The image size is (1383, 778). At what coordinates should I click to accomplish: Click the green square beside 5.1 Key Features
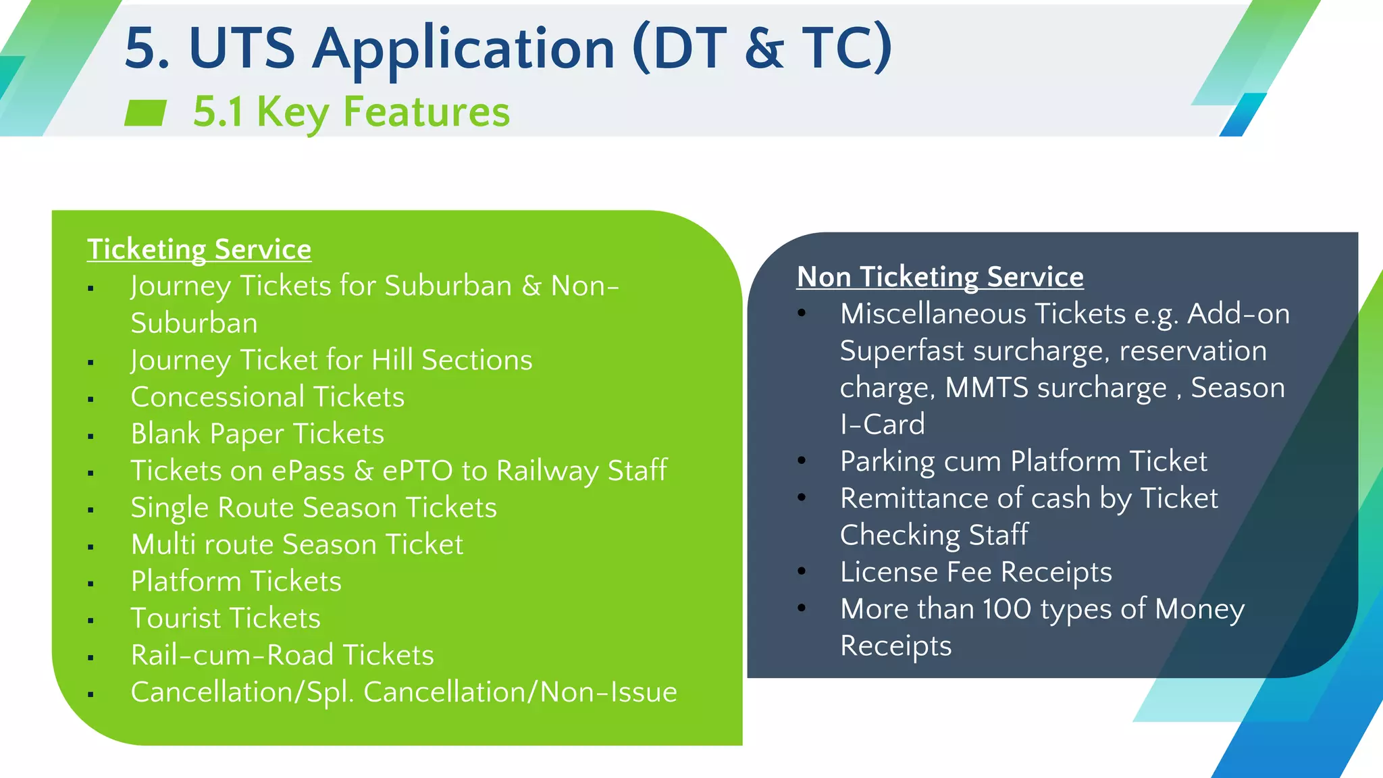click(x=145, y=113)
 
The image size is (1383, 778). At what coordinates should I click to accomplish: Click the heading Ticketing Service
click(x=199, y=249)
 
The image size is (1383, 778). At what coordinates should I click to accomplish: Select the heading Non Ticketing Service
click(x=940, y=277)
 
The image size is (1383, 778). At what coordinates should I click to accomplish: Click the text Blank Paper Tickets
click(x=257, y=434)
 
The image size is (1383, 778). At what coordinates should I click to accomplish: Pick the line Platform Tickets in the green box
click(x=236, y=581)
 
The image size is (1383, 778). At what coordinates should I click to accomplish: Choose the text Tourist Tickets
click(x=226, y=619)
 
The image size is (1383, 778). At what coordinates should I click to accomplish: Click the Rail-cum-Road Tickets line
click(x=282, y=655)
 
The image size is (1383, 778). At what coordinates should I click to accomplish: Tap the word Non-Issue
click(x=608, y=692)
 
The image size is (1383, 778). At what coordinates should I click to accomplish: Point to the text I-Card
click(x=882, y=425)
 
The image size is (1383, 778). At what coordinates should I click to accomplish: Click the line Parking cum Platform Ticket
click(x=1023, y=462)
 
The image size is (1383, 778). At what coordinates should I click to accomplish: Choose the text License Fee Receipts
click(x=976, y=573)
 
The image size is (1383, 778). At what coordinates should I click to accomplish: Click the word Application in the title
click(x=464, y=49)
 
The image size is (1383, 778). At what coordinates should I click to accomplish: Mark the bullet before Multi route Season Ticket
click(x=90, y=546)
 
